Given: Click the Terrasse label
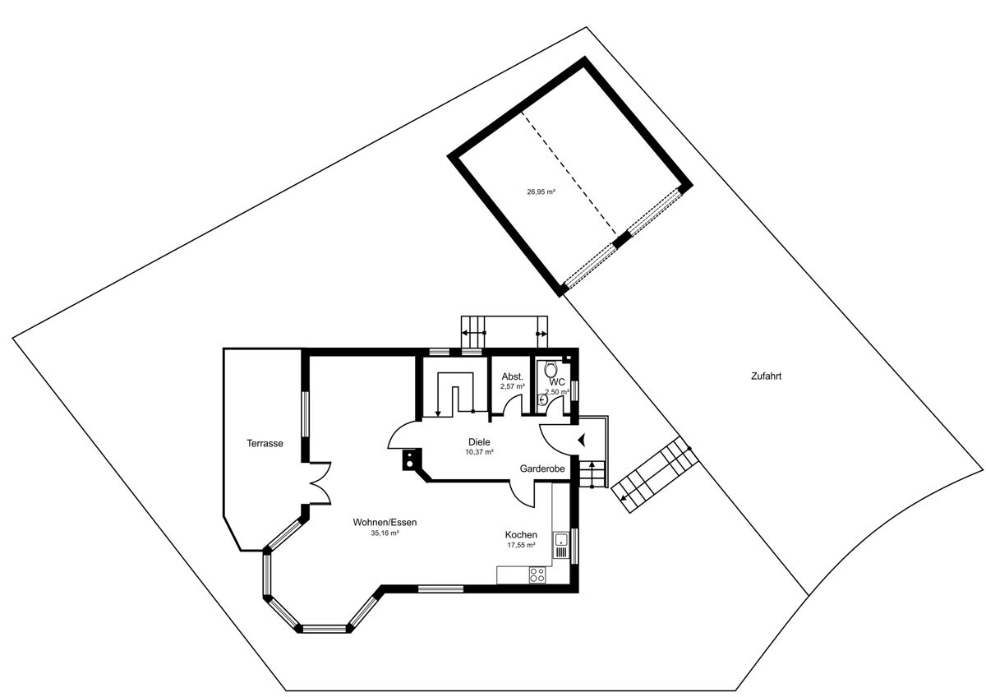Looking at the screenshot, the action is pos(265,443).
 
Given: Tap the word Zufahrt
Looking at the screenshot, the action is pos(766,376).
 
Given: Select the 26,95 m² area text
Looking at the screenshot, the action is pos(541,192).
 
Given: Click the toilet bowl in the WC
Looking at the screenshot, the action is pos(551,369).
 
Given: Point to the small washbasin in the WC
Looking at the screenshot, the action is pos(543,399).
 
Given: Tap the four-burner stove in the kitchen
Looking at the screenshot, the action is pos(537,575).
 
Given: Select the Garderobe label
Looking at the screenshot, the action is pos(541,469).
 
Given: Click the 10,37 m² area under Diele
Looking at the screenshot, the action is pos(479,452).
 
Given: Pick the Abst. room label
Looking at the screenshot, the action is pos(513,377).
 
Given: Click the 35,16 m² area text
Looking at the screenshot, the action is pos(385,533).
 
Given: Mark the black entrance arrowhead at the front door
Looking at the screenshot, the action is pos(582,440).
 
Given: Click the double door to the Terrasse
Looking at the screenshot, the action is pos(320,483).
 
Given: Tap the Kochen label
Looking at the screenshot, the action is pos(521,535).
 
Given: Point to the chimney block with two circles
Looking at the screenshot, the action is pos(410,459).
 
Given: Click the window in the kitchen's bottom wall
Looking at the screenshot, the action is pos(440,589).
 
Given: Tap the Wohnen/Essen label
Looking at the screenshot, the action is pos(385,523).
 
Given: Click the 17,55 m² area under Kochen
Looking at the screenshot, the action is pos(521,545).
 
